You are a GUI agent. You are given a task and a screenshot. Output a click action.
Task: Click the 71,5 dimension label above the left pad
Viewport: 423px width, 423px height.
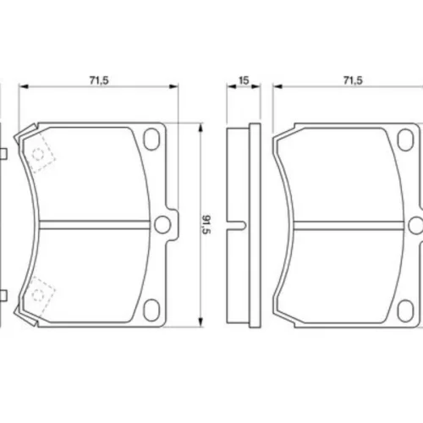click(99, 80)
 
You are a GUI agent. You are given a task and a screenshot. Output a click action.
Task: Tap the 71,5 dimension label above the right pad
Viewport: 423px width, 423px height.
click(353, 80)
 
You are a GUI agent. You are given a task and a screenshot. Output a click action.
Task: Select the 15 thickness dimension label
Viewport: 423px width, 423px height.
click(244, 80)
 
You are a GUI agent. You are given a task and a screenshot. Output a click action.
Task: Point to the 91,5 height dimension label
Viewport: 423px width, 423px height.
click(206, 224)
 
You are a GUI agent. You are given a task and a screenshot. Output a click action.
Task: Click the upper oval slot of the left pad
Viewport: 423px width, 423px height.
click(151, 139)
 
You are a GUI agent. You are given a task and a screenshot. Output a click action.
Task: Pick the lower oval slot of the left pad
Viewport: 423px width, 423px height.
click(151, 310)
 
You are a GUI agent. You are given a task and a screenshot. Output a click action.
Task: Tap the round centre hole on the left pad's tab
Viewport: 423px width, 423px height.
click(162, 224)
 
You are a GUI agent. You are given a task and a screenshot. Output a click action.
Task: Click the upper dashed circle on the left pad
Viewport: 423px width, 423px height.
click(38, 155)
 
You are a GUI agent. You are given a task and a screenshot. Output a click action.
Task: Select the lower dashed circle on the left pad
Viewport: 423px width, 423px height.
click(38, 294)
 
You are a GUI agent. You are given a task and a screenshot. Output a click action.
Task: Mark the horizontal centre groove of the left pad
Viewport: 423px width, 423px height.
click(95, 224)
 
